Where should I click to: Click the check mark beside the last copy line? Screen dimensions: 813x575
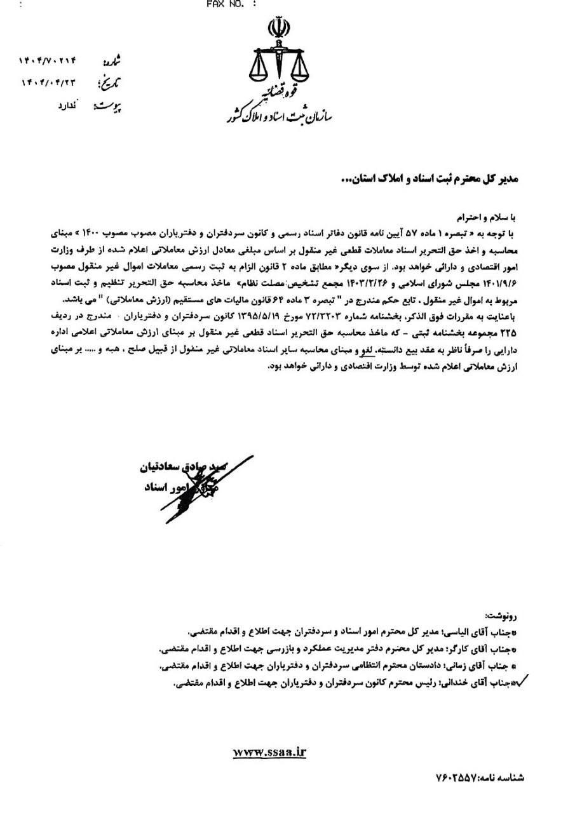[525, 683]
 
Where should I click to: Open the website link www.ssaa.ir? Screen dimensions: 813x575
[270, 752]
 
